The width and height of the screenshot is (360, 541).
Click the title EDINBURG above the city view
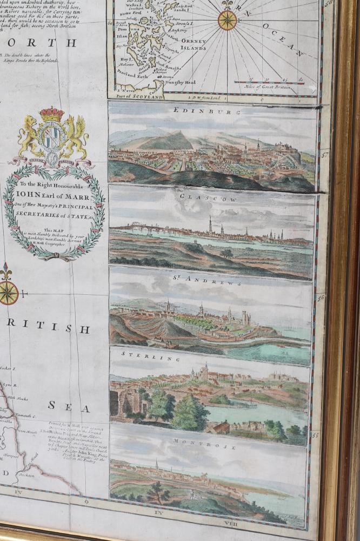coord(207,111)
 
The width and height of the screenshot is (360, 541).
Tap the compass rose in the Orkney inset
coord(228,20)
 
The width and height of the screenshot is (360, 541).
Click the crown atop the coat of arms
coord(51,115)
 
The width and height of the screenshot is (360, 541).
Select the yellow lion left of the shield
coord(30,137)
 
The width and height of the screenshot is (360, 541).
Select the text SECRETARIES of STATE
coord(54,216)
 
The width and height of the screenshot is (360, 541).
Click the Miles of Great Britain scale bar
coord(275,83)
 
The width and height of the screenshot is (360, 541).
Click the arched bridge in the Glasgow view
coord(143,229)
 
